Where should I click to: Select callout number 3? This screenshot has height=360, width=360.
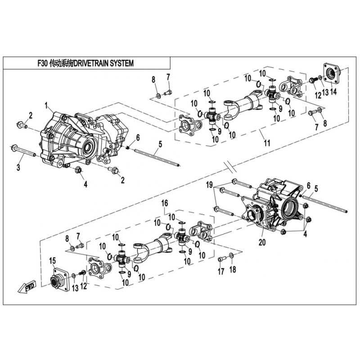click(x=18, y=168)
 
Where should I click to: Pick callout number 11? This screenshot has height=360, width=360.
click(x=267, y=144)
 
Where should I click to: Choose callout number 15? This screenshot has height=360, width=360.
click(x=52, y=260)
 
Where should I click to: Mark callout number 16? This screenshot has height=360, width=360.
click(x=165, y=202)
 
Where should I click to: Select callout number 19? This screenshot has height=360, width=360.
click(x=221, y=184)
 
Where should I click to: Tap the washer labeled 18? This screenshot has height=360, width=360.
click(x=231, y=256)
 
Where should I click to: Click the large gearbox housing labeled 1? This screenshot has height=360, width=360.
click(x=76, y=137)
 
